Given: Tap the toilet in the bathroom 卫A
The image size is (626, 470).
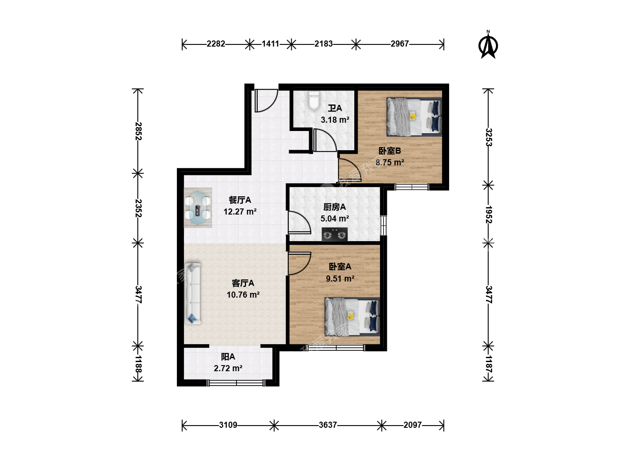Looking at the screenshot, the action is click(314, 101).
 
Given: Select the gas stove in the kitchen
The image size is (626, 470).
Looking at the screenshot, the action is click(334, 234).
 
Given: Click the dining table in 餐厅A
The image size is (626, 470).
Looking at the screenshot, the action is click(198, 208).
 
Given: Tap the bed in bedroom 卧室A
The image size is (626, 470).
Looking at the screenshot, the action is click(352, 317).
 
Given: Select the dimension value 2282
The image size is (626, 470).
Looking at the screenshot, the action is click(216, 44).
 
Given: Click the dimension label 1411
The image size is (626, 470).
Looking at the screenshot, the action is click(270, 44).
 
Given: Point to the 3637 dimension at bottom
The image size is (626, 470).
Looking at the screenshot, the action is click(328, 425).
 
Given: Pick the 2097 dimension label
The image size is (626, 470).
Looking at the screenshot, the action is click(413, 425).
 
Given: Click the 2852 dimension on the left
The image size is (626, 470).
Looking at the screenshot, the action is click(138, 131).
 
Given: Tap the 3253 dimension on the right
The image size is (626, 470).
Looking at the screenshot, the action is click(489, 137).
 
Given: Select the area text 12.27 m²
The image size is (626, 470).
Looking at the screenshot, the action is click(240, 212).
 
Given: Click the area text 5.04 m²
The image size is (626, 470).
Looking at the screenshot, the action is click(335, 219).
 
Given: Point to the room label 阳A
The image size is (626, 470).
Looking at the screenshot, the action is click(228, 357).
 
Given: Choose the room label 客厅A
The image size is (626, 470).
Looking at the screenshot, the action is click(243, 283).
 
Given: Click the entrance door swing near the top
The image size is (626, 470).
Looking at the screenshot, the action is click(266, 101).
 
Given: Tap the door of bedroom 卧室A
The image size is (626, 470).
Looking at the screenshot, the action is click(299, 264).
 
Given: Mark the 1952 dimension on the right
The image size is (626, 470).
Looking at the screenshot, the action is click(489, 214).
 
